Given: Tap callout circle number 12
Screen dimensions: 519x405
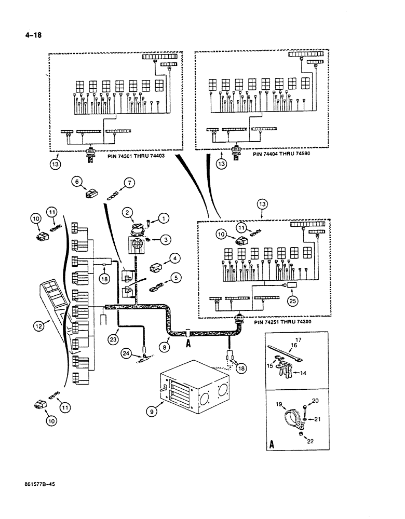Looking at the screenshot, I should pyautogui.click(x=38, y=326).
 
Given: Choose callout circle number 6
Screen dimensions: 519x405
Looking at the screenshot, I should pyautogui.click(x=77, y=181).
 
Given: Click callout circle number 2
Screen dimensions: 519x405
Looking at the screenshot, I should pyautogui.click(x=127, y=212).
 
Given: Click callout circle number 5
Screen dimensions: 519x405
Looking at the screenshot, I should pyautogui.click(x=176, y=277).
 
